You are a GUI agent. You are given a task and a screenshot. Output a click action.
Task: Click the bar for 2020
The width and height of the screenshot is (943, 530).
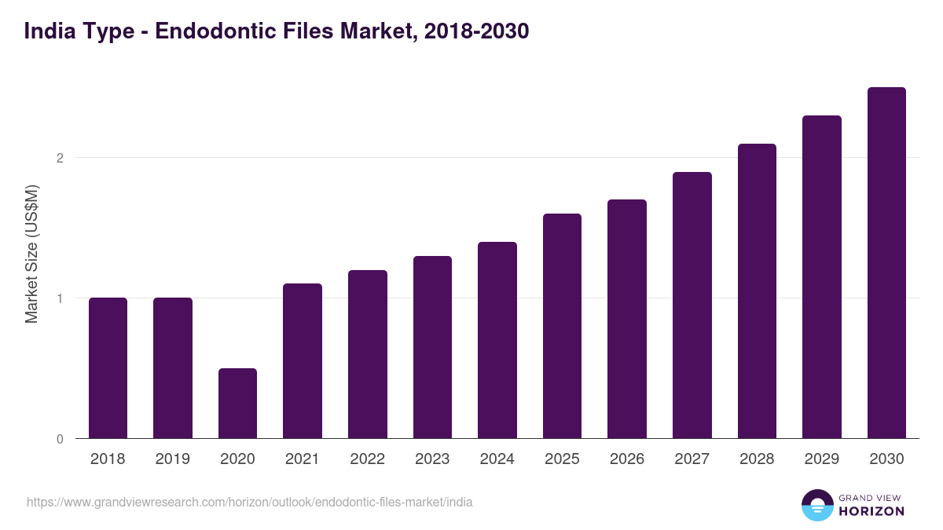[237, 403]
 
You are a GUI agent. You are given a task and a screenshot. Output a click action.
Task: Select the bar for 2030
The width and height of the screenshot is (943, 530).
[886, 263]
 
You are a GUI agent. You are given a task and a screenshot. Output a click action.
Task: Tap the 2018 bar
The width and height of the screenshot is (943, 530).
[108, 367]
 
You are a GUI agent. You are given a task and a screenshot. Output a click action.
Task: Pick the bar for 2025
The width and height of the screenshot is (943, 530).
[562, 326]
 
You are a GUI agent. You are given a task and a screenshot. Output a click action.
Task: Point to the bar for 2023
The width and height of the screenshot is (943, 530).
[432, 347]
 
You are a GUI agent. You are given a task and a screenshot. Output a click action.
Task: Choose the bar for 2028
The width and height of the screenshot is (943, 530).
[757, 291]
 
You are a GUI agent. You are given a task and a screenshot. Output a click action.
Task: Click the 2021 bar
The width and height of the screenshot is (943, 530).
[303, 360]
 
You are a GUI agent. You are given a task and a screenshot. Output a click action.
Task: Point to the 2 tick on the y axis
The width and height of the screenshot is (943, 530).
[59, 158]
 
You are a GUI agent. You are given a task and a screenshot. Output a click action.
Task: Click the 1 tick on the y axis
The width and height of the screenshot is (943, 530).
[59, 298]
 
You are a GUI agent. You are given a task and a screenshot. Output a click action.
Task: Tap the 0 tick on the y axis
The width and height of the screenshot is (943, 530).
[59, 439]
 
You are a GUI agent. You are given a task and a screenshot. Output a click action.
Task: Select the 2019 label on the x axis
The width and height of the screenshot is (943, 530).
[173, 459]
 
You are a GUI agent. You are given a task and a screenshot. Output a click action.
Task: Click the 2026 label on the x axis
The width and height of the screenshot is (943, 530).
[627, 459]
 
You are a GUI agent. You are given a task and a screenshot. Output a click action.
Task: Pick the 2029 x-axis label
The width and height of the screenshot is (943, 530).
[821, 459]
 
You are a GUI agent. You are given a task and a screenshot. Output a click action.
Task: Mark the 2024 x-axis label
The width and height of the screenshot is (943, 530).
[497, 459]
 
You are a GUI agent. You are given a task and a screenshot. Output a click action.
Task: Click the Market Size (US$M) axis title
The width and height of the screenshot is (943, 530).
[31, 255]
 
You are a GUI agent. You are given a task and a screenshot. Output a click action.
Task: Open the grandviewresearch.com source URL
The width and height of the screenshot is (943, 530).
[250, 502]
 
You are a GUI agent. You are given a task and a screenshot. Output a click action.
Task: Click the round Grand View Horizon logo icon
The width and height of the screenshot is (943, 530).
[817, 505]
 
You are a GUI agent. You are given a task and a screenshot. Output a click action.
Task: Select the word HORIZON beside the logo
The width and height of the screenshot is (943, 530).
[871, 511]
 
